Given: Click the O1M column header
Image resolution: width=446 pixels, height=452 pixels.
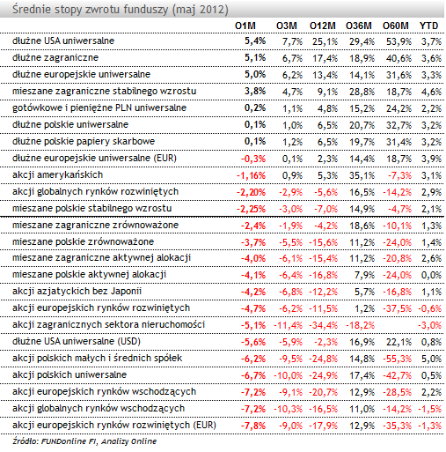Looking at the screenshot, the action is point(245,26).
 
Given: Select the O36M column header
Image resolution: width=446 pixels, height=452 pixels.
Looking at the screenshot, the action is point(359,26).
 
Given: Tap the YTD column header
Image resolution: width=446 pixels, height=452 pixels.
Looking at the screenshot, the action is point(428,26).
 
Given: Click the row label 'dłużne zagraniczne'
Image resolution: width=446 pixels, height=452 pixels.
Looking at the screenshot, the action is point(55,57).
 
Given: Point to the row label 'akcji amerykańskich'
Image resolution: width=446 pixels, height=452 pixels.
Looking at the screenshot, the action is point(57,174).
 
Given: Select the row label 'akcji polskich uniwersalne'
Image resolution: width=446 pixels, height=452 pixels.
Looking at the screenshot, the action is point(69,374).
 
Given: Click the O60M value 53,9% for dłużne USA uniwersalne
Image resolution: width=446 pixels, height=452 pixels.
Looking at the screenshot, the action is point(398,41).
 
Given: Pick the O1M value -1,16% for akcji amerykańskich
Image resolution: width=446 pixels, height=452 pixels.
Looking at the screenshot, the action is point(251,175).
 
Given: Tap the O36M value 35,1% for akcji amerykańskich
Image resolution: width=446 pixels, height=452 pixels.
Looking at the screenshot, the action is point(362,175).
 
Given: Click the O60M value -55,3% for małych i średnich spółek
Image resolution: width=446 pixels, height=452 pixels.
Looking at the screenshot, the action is point(397,359).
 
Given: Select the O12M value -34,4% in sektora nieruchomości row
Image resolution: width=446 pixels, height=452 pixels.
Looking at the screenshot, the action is point(323,325).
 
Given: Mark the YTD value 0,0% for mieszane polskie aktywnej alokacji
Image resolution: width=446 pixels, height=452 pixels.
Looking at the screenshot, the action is point(431,275).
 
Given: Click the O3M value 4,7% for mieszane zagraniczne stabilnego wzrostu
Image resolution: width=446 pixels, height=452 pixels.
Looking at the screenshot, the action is point(292,92).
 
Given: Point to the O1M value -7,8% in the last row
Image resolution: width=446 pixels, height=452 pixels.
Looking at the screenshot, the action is point(253,426).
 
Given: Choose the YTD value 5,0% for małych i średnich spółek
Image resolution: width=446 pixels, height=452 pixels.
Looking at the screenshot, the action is point(431,359).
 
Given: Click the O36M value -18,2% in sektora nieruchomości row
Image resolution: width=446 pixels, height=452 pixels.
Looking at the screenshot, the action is point(360,325).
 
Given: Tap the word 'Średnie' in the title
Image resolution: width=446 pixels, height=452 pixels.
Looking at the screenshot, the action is point(32,10).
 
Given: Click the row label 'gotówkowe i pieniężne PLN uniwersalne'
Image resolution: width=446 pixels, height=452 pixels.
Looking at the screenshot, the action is point(99,107).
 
